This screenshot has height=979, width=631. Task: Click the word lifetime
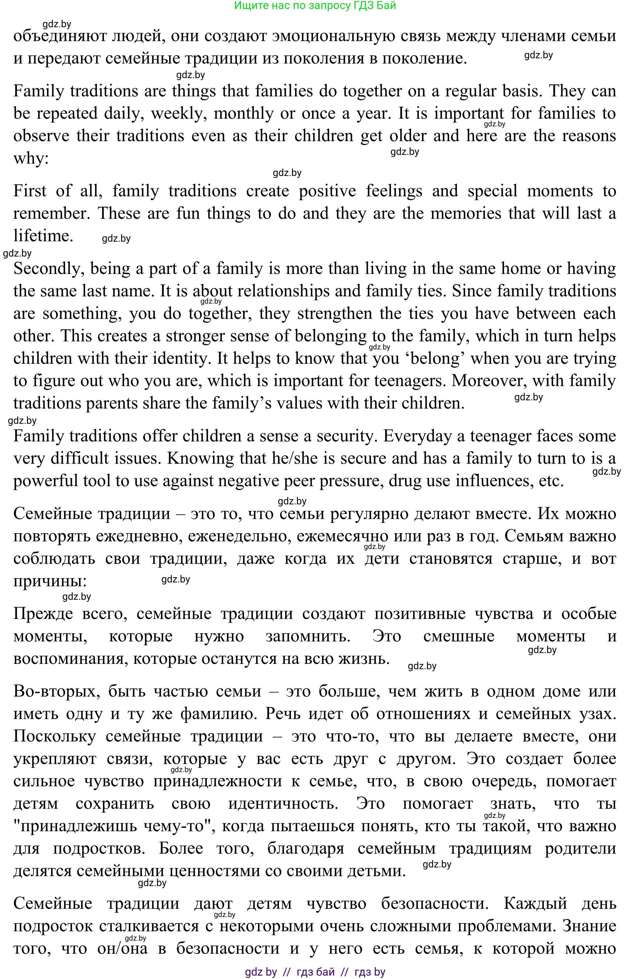click(43, 236)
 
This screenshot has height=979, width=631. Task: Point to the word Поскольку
click(54, 736)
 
